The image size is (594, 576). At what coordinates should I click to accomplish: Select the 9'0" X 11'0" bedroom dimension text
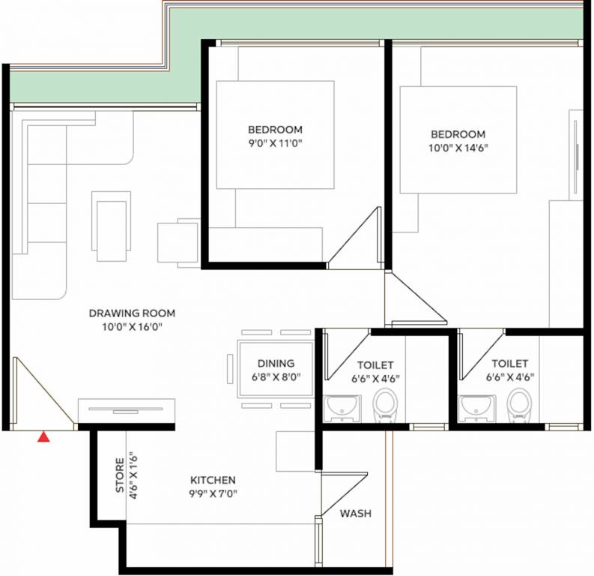[x=275, y=142]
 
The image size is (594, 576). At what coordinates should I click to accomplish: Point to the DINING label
[x=276, y=364]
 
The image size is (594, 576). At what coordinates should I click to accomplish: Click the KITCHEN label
[x=213, y=480]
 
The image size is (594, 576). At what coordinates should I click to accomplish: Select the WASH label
[x=355, y=514]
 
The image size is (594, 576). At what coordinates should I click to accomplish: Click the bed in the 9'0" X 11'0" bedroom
[x=275, y=135]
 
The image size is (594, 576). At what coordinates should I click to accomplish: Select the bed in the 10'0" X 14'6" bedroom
[x=458, y=139]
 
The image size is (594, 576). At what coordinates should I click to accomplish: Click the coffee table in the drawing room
[x=112, y=226]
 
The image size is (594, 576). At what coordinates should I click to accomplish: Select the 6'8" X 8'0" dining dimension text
[x=275, y=378]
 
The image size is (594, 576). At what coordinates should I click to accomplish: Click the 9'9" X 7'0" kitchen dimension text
[x=213, y=493]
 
